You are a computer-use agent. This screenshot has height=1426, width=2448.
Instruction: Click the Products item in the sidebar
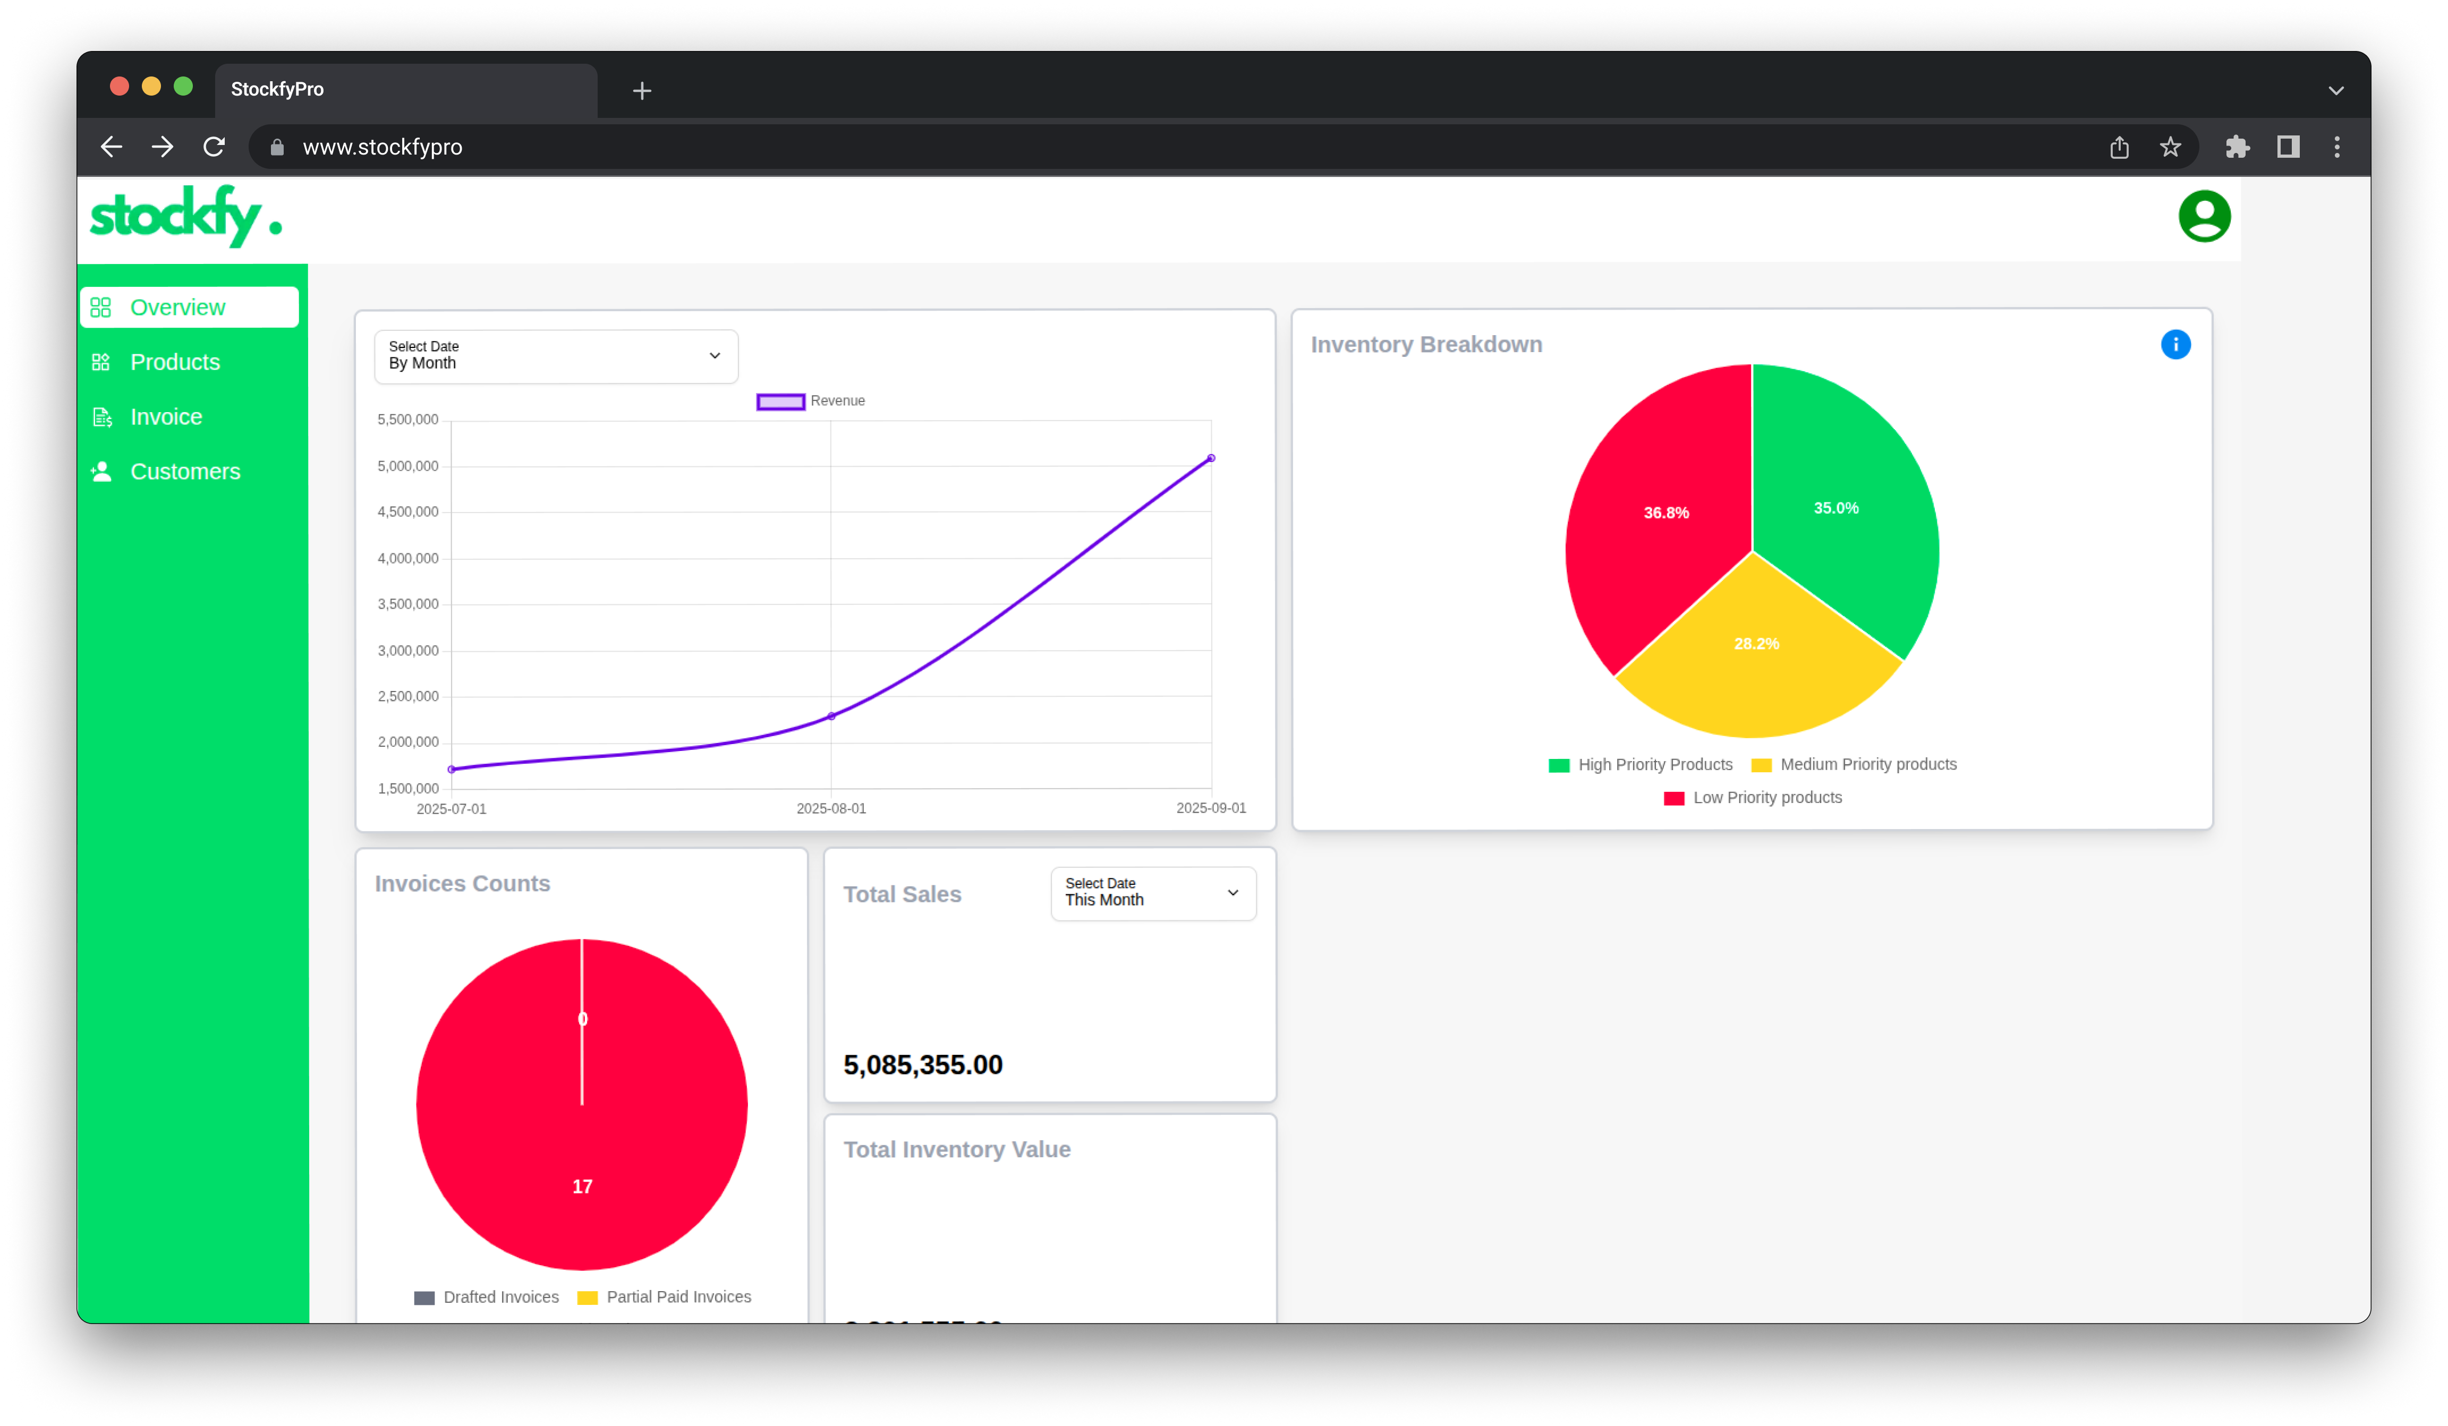[175, 362]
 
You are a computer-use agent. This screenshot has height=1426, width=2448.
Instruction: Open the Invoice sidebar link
[166, 417]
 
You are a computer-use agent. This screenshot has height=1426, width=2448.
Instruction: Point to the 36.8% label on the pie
[1665, 513]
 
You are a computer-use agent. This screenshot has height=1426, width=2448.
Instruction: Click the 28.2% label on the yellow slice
[1755, 644]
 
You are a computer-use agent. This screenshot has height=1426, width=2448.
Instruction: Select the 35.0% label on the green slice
[1835, 508]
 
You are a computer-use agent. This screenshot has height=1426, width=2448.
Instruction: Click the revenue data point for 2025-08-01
[830, 716]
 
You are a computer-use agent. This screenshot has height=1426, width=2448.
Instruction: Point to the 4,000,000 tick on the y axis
[408, 559]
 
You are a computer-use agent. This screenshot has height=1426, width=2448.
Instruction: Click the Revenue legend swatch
[780, 401]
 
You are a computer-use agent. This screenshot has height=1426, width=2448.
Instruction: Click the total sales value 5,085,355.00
[922, 1065]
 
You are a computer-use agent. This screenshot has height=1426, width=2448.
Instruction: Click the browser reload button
[214, 147]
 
